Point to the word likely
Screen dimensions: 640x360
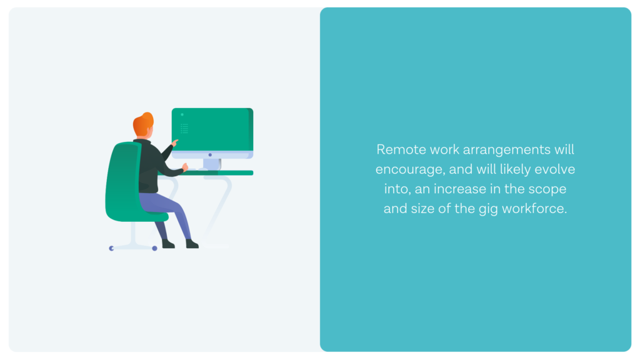(515, 169)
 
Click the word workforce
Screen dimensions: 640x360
(534, 209)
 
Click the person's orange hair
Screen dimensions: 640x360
(143, 123)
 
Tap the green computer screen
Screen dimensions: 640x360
(212, 129)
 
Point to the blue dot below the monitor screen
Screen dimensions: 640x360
(210, 155)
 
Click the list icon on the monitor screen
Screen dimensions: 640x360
(184, 129)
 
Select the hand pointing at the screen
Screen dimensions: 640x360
(175, 142)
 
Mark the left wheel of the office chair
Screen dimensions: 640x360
(111, 248)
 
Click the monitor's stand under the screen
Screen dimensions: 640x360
(212, 164)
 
